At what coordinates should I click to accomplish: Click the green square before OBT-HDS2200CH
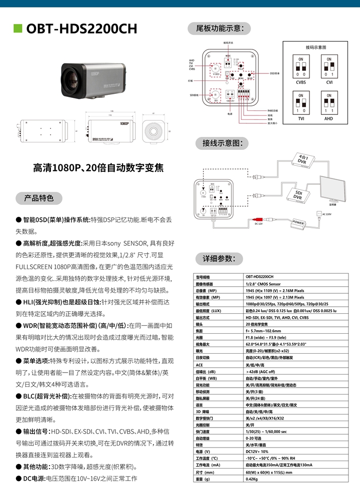(x=18, y=28)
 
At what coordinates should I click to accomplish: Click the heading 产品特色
(x=39, y=198)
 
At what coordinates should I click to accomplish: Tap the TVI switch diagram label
(x=301, y=119)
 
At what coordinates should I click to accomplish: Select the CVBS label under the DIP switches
(x=301, y=82)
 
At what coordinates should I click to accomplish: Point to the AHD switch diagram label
(x=328, y=119)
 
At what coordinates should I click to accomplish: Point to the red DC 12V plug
(x=258, y=218)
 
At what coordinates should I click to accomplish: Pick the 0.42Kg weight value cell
(x=251, y=479)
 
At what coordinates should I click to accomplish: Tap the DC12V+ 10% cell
(x=257, y=452)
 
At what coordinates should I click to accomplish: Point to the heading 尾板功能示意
(x=215, y=28)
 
